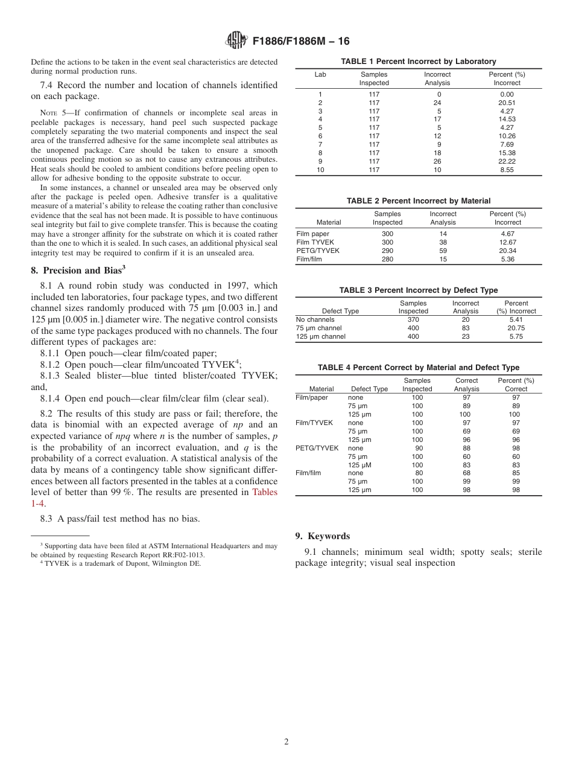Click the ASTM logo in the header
pos(236,41)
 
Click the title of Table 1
pos(418,62)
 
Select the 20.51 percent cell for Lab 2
pos(507,103)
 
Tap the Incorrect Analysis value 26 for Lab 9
pos(437,162)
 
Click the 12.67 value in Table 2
pos(507,242)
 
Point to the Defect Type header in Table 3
pos(340,312)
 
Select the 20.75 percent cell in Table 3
pos(516,328)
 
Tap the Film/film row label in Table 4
pos(308,473)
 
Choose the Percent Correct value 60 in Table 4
pos(516,456)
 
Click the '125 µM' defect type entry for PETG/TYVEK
pos(360,465)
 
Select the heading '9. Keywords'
pos(322,536)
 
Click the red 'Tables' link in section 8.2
pos(265,492)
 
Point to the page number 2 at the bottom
pos(286,742)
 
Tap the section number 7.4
pos(49,85)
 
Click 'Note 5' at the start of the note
pos(49,112)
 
